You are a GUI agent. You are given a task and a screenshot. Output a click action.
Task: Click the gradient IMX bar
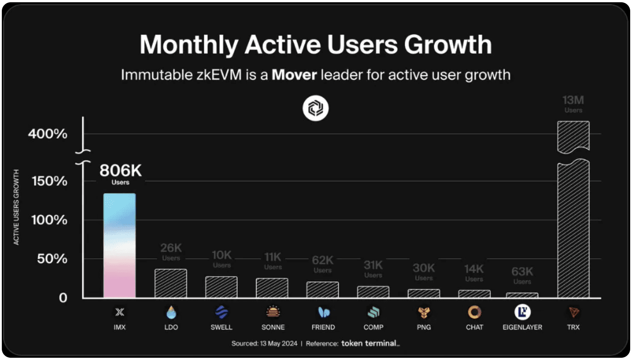pos(119,246)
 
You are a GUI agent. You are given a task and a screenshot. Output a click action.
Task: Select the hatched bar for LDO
pos(170,283)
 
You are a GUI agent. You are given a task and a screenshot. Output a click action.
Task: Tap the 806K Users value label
pos(120,174)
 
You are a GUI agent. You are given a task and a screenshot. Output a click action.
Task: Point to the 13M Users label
pos(573,103)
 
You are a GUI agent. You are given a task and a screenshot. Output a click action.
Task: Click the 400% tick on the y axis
pos(47,134)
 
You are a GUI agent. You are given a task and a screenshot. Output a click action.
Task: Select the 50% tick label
pos(51,259)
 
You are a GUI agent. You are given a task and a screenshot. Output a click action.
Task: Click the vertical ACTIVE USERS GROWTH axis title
pos(17,207)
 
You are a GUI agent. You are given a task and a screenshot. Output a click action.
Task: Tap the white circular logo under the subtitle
pos(316,109)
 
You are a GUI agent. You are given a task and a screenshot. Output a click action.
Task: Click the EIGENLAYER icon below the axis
pos(522,312)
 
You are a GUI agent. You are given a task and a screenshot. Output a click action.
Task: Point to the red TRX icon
pos(573,312)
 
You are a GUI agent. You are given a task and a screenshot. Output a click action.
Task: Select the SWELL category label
pos(221,327)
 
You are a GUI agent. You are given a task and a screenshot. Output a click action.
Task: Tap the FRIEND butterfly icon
pos(323,312)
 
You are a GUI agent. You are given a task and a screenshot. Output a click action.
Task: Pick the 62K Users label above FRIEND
pos(323,264)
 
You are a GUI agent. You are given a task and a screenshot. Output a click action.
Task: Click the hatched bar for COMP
pos(373,292)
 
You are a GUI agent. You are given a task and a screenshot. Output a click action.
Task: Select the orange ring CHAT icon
pos(474,312)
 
